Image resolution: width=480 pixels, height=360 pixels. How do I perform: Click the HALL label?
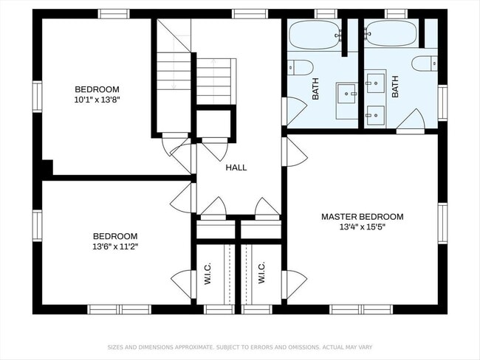236,167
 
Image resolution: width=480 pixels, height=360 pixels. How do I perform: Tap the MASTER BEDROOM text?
362,217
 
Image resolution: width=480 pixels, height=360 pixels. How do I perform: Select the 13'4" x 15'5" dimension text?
362,227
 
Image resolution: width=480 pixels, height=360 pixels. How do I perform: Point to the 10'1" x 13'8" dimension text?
97,100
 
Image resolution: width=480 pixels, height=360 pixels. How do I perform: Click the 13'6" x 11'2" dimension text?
115,246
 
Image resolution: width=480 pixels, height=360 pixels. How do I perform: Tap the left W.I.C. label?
208,273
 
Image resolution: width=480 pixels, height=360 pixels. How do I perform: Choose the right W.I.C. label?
261,272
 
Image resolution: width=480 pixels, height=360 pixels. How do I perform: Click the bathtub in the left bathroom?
315,35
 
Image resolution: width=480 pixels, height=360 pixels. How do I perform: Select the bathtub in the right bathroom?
391,33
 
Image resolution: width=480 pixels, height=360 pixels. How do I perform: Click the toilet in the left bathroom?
301,67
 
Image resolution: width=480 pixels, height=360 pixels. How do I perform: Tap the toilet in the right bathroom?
425,63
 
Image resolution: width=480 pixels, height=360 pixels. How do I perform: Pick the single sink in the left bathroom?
346,93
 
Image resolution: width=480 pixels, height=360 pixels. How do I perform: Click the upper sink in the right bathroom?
375,83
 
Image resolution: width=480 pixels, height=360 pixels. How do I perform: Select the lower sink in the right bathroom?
375,115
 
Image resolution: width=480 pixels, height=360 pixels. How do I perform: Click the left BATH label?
315,89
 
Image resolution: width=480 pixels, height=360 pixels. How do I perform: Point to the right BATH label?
395,87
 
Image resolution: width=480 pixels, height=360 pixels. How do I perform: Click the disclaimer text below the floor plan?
240,347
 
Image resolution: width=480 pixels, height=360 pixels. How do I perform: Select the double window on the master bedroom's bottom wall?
361,310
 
